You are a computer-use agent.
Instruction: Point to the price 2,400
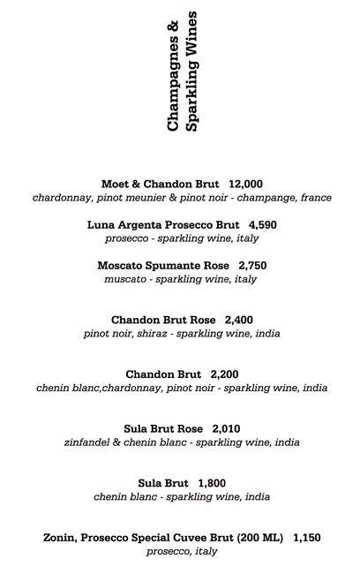click(x=240, y=320)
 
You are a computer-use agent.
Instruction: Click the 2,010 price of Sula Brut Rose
click(x=228, y=428)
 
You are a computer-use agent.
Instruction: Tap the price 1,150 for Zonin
click(x=308, y=537)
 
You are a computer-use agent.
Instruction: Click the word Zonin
click(x=60, y=537)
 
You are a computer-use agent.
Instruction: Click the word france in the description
click(x=314, y=198)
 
